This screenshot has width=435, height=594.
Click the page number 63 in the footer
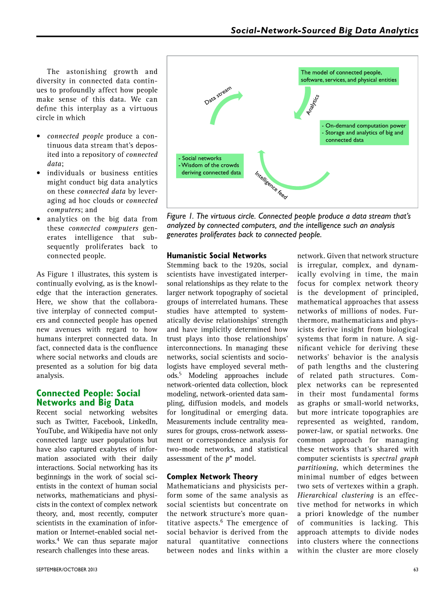point(416,570)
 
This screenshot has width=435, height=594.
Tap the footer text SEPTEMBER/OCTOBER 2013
point(67,570)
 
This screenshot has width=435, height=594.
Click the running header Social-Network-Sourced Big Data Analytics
point(325,31)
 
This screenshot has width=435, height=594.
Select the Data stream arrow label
point(218,96)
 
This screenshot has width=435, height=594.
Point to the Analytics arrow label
point(313,105)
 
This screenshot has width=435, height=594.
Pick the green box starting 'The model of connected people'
point(348,76)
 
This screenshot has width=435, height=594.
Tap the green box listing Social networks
point(210,165)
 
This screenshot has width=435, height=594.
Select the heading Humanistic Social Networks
point(217,256)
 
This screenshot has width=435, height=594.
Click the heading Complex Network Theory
point(212,477)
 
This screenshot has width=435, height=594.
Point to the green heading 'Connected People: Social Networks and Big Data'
point(88,398)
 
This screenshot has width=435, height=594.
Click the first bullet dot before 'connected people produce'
point(39,136)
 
